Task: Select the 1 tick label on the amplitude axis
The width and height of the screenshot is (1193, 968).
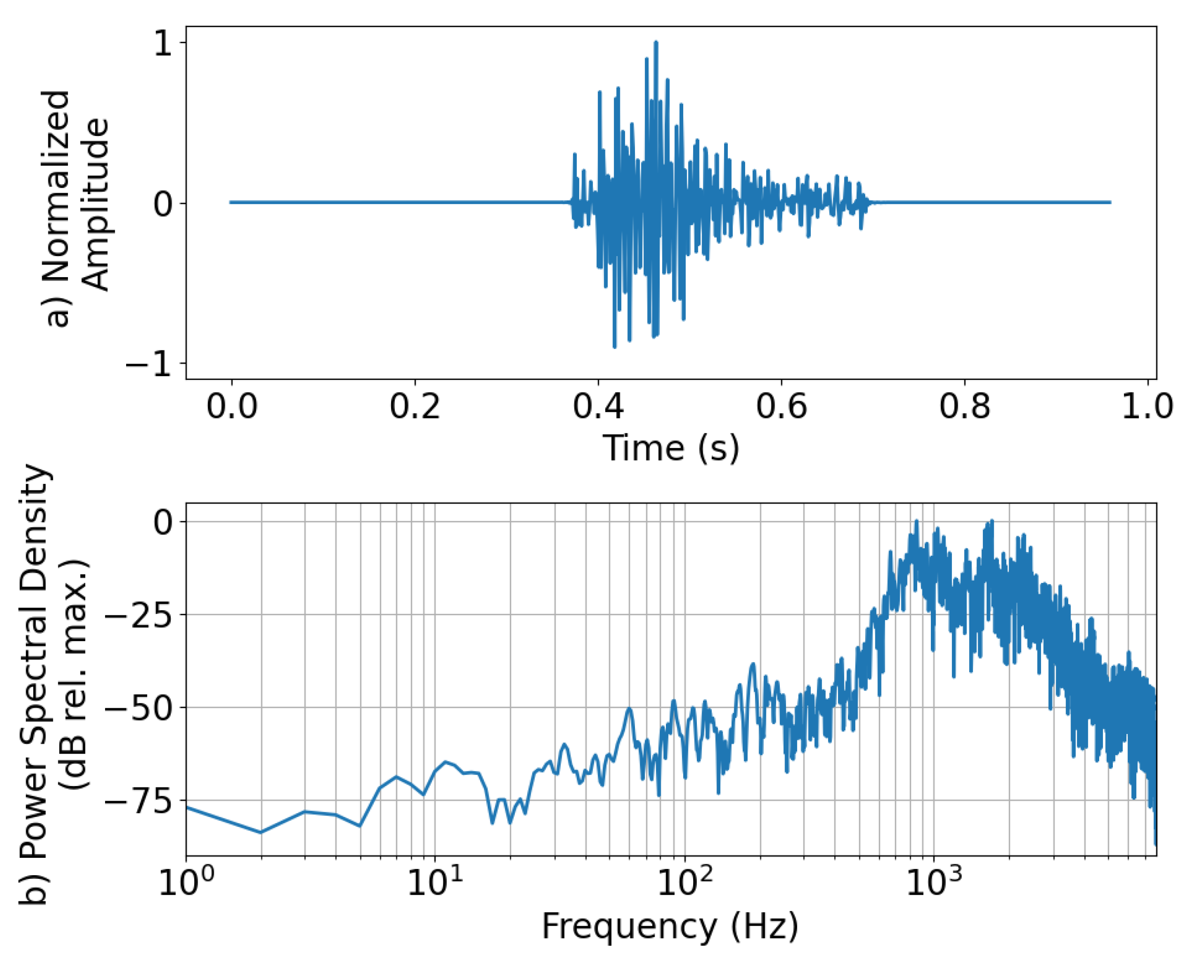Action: pyautogui.click(x=163, y=44)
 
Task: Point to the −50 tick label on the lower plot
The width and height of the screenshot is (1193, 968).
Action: pyautogui.click(x=138, y=708)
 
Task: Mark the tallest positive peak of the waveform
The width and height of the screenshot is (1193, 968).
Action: pyautogui.click(x=656, y=42)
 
